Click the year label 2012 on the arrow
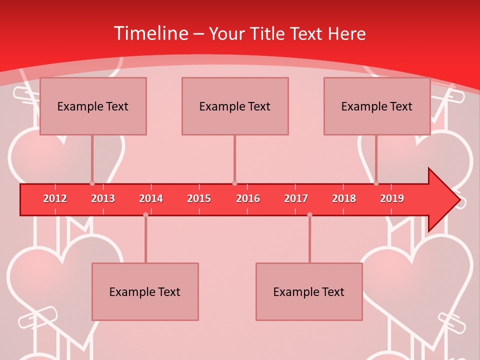pyautogui.click(x=55, y=198)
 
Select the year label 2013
pyautogui.click(x=103, y=198)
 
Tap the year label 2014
pyautogui.click(x=151, y=198)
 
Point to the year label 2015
pyautogui.click(x=199, y=198)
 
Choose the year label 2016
pyautogui.click(x=248, y=198)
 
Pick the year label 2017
pyautogui.click(x=296, y=198)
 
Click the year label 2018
pyautogui.click(x=344, y=198)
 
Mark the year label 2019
pyautogui.click(x=392, y=198)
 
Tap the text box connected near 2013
pyautogui.click(x=93, y=106)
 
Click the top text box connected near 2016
pyautogui.click(x=235, y=106)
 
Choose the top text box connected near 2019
pyautogui.click(x=377, y=106)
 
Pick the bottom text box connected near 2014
pyautogui.click(x=145, y=291)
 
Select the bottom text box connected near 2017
pyautogui.click(x=309, y=291)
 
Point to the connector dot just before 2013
pyautogui.click(x=92, y=183)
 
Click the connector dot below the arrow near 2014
pyautogui.click(x=145, y=214)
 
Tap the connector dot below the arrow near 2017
pyautogui.click(x=309, y=214)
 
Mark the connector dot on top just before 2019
pyautogui.click(x=376, y=183)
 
